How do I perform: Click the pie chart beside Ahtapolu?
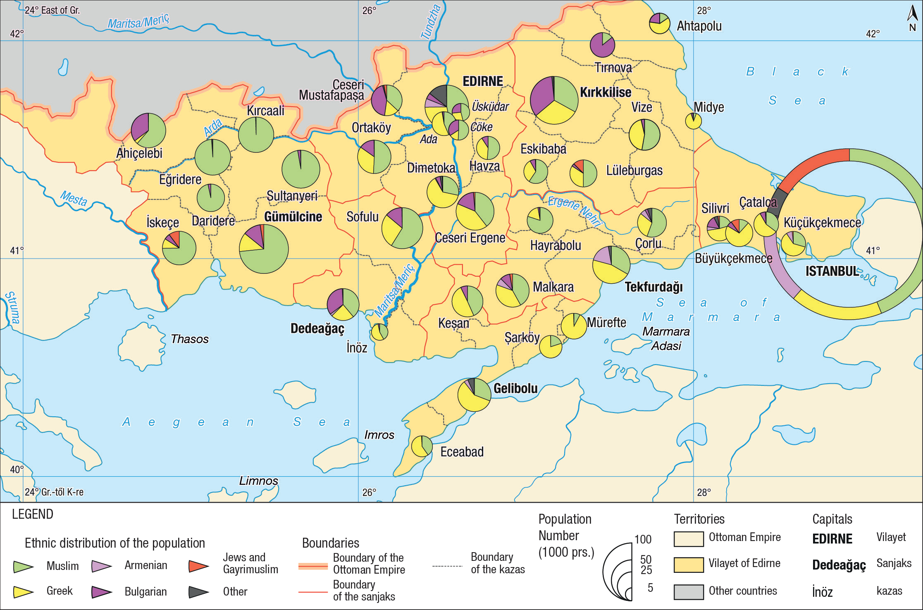click(659, 23)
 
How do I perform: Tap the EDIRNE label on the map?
click(482, 81)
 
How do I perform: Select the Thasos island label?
click(189, 339)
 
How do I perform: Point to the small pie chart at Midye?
click(693, 121)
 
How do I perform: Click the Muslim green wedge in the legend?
click(23, 566)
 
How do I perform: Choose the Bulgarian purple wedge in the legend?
click(101, 592)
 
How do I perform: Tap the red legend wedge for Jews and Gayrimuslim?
click(198, 566)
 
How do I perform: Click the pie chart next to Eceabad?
click(422, 446)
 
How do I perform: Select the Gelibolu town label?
click(515, 388)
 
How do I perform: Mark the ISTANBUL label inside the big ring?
click(832, 271)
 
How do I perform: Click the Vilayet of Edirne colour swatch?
click(688, 565)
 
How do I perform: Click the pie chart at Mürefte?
click(574, 326)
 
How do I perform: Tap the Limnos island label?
click(258, 481)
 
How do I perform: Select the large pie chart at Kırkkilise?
click(553, 100)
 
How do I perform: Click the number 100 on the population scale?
click(643, 539)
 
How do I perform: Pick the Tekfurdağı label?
click(653, 287)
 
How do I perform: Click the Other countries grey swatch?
click(688, 591)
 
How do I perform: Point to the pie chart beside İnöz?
click(379, 332)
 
